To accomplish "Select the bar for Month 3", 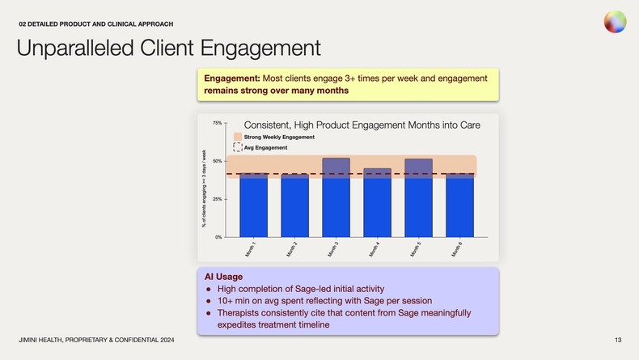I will point(336,197).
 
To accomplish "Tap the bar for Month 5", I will point(418,197).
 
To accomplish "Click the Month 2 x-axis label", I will point(292,249).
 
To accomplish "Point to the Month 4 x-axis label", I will point(375,249).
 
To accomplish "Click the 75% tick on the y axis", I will point(217,123).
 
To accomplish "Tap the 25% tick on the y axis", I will point(217,199).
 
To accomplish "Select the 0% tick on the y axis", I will point(218,237).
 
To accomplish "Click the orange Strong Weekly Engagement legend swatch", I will point(238,137).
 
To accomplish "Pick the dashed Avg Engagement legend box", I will point(238,147).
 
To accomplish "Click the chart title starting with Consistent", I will point(362,125).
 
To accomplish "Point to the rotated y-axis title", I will point(204,188).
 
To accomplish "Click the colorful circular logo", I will point(615,22).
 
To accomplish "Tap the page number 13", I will point(618,338).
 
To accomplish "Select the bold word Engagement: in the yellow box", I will point(232,78).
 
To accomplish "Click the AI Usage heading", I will point(223,277).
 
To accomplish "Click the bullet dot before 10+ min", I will point(209,300).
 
